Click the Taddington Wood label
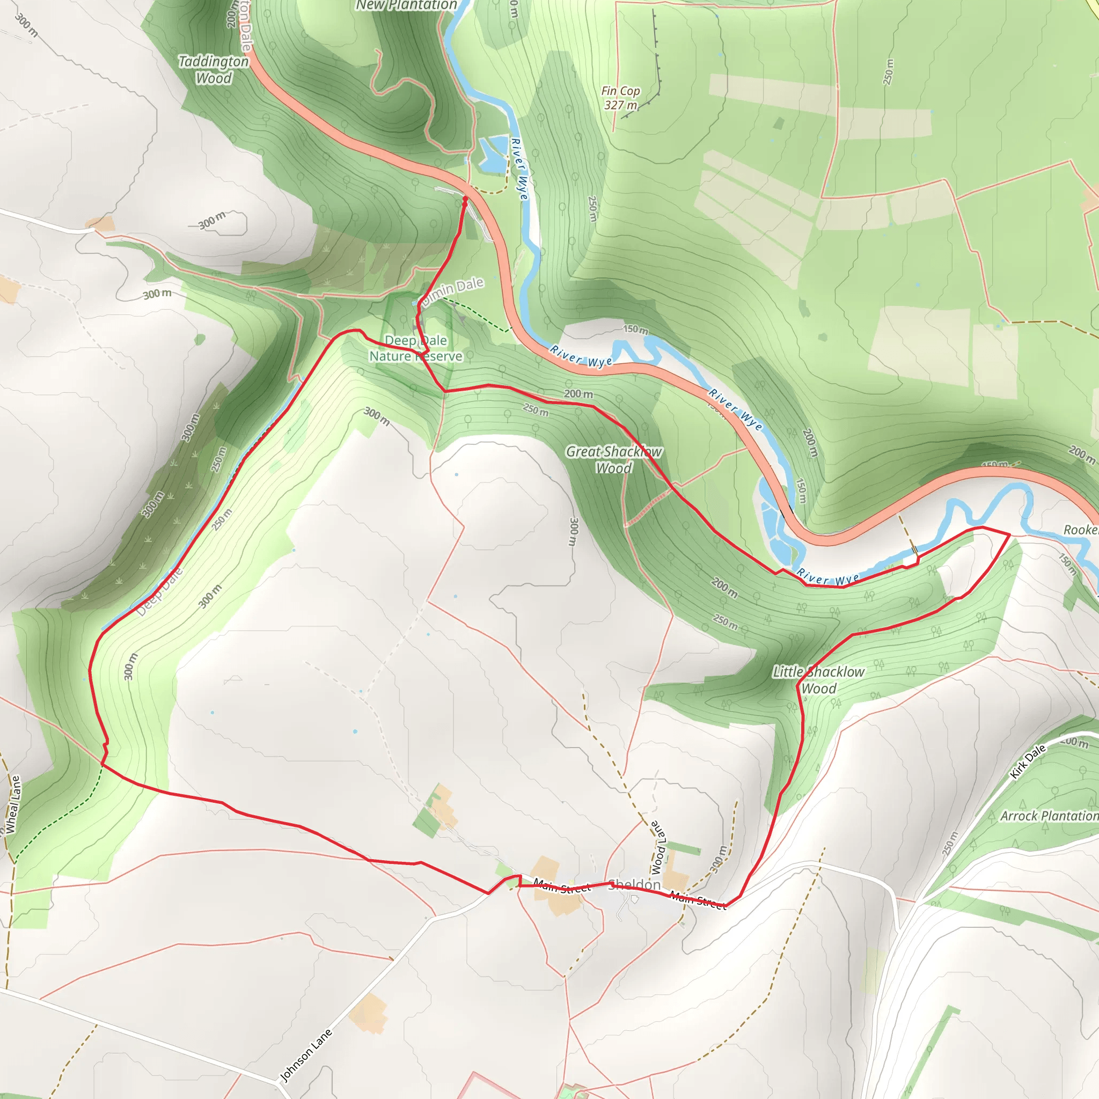tap(214, 69)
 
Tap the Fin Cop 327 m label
tap(621, 98)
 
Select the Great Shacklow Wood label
tap(614, 460)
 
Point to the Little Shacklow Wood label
tap(818, 680)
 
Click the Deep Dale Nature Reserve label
tap(416, 349)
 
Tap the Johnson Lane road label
tap(306, 1056)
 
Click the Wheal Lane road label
tap(13, 804)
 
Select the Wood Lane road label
tap(658, 847)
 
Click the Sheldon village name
tap(635, 885)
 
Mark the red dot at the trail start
tap(465, 199)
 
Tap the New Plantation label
tap(406, 5)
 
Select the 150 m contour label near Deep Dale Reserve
tap(635, 329)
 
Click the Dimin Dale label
tap(453, 290)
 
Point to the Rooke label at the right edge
tap(1081, 530)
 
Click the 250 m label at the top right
tap(889, 72)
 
